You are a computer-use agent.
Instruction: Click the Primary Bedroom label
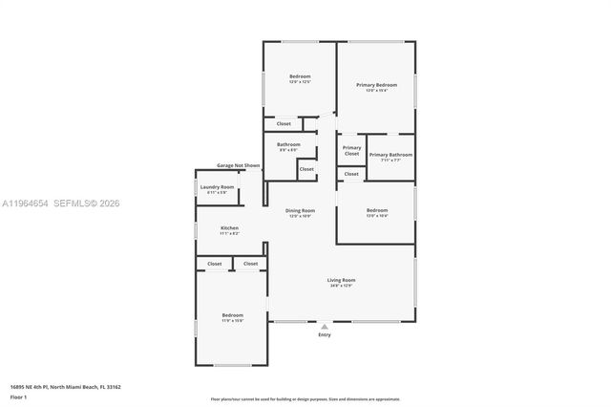tap(376, 85)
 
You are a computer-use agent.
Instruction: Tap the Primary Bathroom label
tap(390, 154)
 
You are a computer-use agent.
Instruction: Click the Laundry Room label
tap(217, 187)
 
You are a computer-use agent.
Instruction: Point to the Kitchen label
tap(229, 228)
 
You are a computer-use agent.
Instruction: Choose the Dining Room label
tap(301, 210)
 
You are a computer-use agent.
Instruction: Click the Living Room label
tap(341, 280)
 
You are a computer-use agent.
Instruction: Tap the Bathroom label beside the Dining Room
tap(288, 144)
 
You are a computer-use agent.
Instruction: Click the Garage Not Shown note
tap(238, 165)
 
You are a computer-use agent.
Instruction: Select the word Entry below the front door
tap(325, 335)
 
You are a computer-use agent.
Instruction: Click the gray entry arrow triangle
tap(325, 327)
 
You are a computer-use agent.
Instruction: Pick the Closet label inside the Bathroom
tap(305, 169)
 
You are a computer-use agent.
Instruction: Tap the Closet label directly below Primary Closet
tap(351, 174)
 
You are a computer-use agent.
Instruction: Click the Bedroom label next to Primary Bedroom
tap(300, 76)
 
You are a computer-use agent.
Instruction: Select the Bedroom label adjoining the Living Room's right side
tap(376, 210)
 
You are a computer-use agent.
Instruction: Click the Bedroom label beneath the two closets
tap(233, 315)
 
